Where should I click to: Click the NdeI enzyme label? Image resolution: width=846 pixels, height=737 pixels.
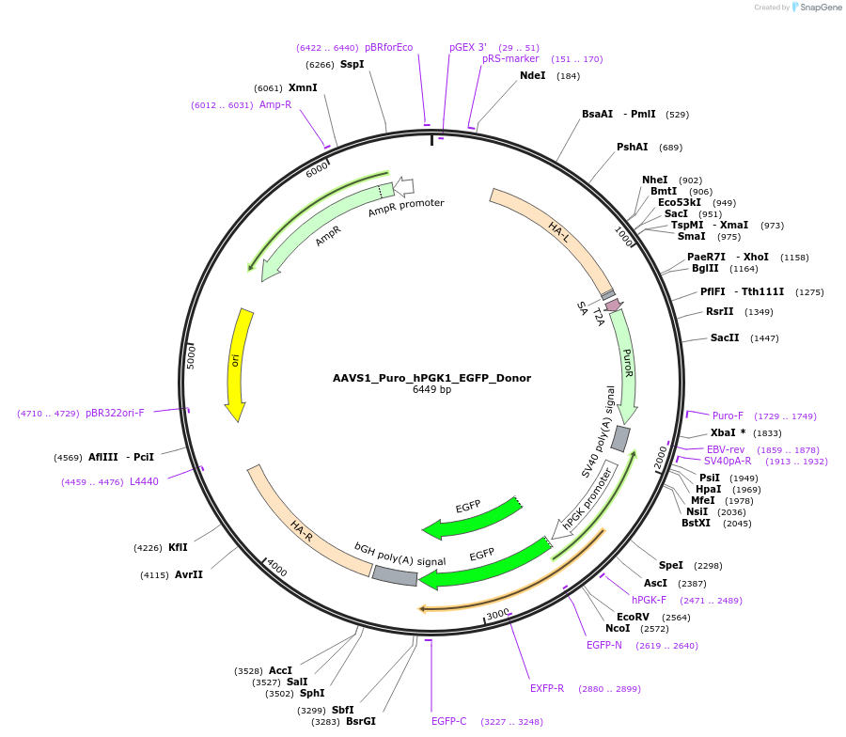pos(532,75)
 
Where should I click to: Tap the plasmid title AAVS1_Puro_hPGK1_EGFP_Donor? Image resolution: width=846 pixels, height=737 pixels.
pos(431,378)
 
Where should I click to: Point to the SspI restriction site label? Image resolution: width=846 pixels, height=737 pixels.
pos(352,65)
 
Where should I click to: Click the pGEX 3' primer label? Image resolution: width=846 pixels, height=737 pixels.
pos(468,47)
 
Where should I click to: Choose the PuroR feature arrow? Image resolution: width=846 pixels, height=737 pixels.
pos(626,367)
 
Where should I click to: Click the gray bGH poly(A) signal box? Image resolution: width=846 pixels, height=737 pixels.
pos(395,575)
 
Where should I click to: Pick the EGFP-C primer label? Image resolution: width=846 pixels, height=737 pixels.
pos(449,721)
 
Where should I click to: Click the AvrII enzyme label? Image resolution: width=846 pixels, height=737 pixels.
pos(188,574)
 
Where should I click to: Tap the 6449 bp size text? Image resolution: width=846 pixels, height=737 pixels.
pos(431,390)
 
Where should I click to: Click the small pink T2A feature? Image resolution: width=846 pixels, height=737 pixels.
pos(614,305)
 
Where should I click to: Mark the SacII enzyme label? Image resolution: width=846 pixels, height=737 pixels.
pos(724,337)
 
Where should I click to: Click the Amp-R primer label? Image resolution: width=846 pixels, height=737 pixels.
pos(275,104)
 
